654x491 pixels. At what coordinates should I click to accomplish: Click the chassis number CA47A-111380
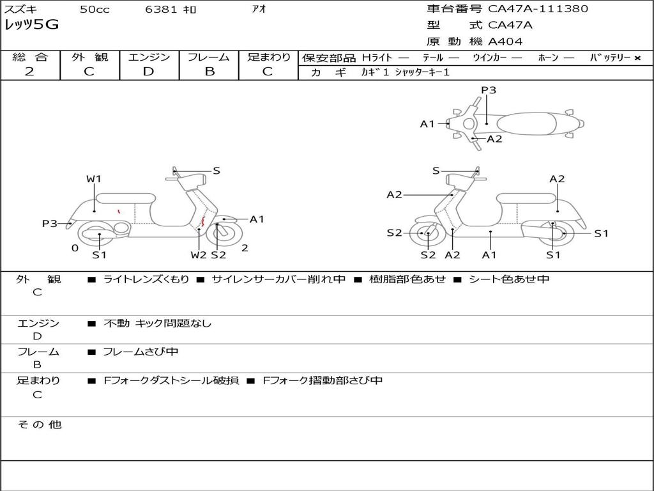pos(538,9)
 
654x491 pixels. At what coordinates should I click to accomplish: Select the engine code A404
pos(505,42)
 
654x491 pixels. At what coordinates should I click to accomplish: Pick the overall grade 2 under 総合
pos(29,72)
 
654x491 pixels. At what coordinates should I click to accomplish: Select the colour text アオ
pos(258,10)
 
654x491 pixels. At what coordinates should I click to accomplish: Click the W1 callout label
pos(94,179)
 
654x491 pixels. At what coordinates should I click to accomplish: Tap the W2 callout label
pos(199,255)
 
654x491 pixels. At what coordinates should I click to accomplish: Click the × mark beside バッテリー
pos(637,58)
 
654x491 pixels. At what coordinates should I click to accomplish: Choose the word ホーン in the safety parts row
pos(548,58)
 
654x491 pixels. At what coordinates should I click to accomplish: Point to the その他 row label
pos(39,425)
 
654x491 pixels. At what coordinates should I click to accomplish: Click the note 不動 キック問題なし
pos(157,323)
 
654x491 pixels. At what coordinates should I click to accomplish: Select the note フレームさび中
pos(141,352)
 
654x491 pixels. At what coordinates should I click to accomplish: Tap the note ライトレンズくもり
pos(146,279)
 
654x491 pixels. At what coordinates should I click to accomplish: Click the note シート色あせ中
pos(509,279)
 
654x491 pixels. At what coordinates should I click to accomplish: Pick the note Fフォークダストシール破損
pos(171,380)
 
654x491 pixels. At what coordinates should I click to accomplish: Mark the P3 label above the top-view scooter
pos(489,90)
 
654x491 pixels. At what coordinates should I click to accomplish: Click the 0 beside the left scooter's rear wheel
pos(75,248)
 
